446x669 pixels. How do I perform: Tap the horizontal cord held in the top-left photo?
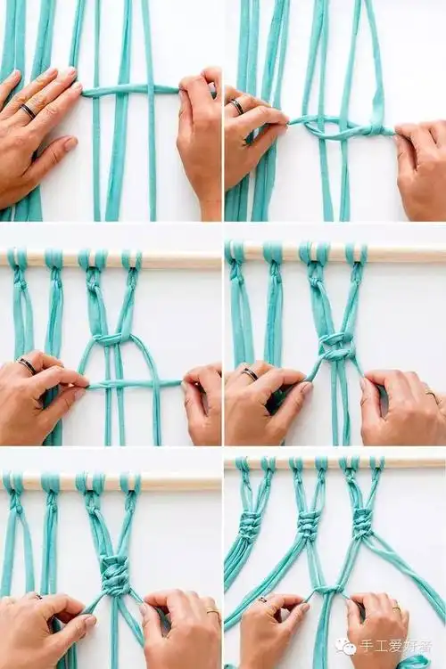[130, 91]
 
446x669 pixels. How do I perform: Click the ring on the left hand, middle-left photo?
[26, 366]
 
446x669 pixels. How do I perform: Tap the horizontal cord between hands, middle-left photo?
[135, 384]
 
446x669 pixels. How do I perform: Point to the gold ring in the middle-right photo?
[432, 395]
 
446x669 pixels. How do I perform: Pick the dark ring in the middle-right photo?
[250, 374]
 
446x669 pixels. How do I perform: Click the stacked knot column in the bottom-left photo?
[117, 573]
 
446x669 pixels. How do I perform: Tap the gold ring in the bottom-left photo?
[212, 612]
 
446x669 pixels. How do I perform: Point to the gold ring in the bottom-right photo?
[397, 608]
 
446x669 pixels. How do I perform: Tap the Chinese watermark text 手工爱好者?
[396, 645]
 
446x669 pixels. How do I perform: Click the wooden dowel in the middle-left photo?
[111, 258]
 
